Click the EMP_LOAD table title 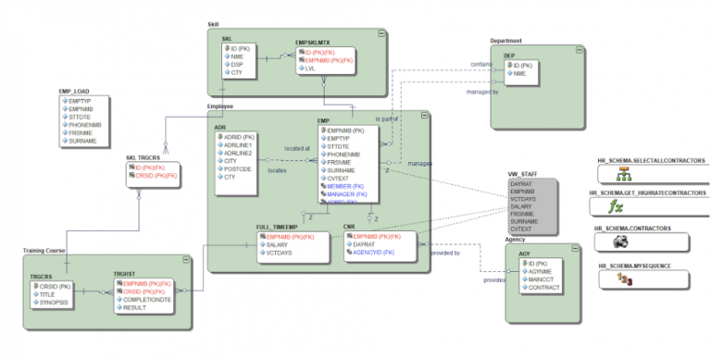point(74,92)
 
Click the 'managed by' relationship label point(483,93)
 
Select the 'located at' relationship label point(297,148)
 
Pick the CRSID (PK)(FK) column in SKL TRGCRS point(156,175)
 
